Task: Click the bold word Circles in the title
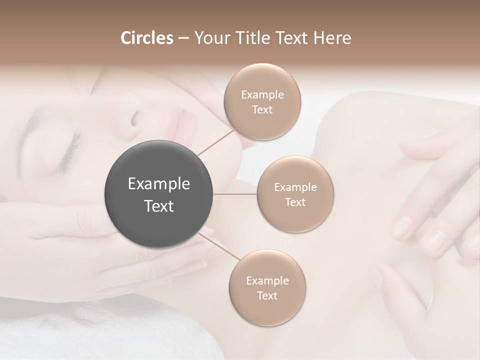147,38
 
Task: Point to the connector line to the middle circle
235,194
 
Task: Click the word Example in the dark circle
159,184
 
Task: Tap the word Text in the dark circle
159,206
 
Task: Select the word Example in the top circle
262,95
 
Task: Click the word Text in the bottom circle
267,295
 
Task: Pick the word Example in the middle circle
295,187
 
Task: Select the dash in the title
183,38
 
